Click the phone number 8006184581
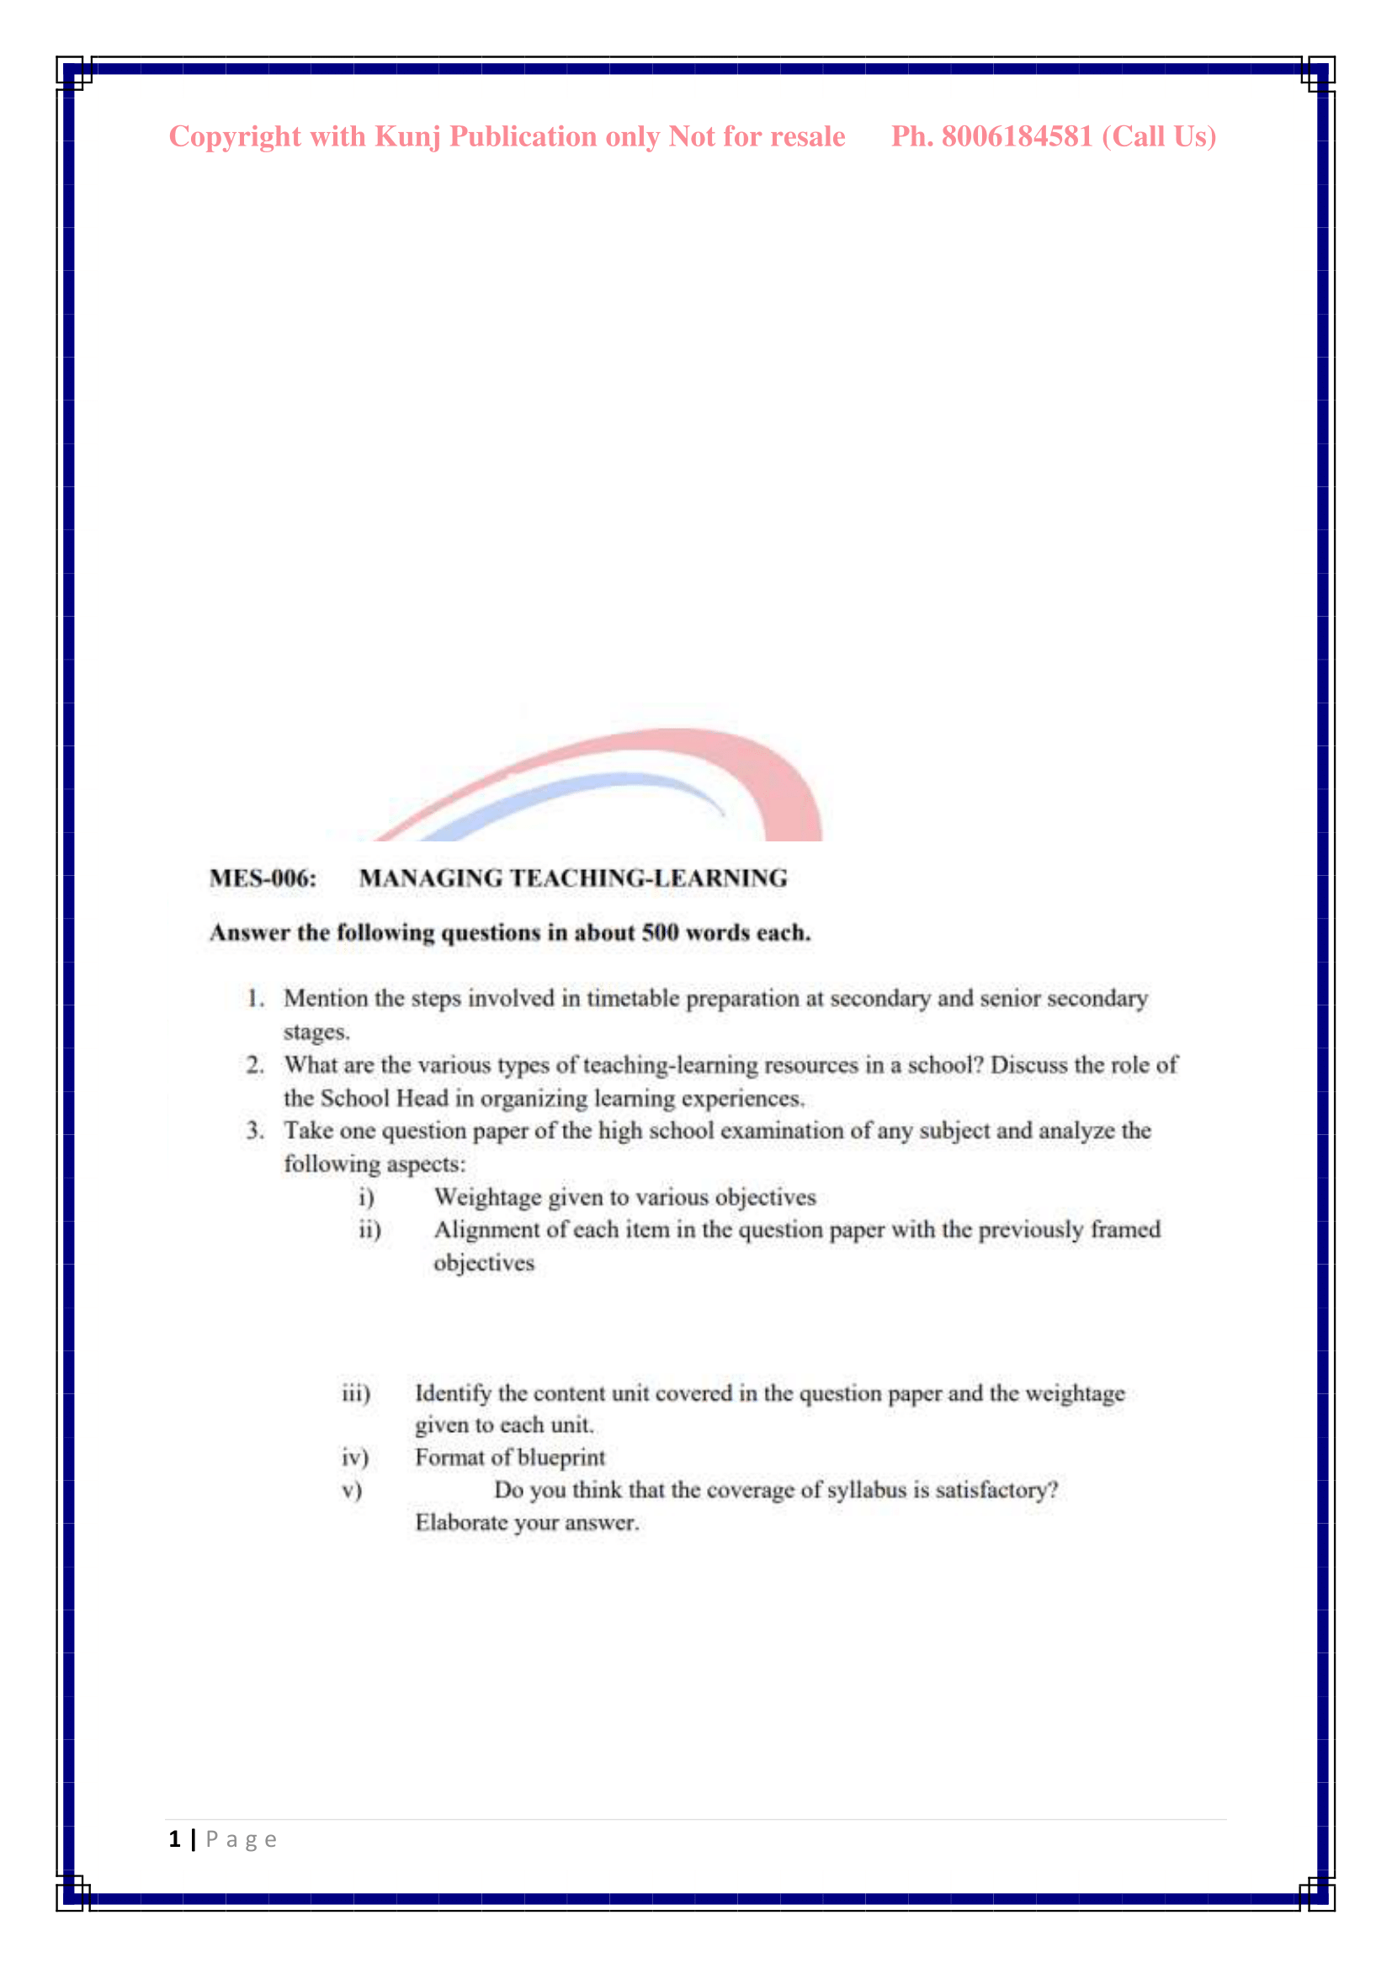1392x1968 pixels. pos(1017,136)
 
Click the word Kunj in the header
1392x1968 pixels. pos(407,137)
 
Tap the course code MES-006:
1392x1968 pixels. pos(263,878)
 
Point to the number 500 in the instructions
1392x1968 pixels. pos(660,932)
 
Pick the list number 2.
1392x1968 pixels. pos(254,1065)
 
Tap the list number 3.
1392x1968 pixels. pos(254,1132)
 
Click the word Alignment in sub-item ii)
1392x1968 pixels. pos(486,1230)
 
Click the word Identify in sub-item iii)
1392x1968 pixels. pos(454,1393)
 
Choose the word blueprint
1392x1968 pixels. pos(561,1458)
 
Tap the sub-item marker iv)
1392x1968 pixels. pos(355,1458)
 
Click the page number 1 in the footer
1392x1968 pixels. pos(175,1840)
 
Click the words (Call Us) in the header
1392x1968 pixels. pos(1158,137)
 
